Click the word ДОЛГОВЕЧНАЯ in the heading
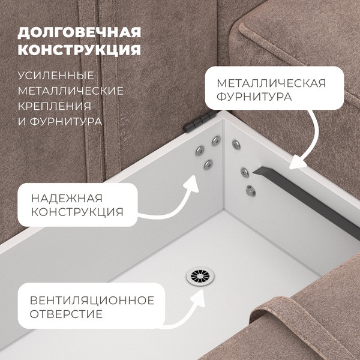click(x=79, y=33)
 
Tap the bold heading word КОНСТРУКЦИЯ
click(x=79, y=50)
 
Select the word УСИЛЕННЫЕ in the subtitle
click(x=56, y=76)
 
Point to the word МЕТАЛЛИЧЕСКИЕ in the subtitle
click(x=71, y=91)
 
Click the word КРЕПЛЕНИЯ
click(x=55, y=106)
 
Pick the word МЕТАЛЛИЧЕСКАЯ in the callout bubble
click(x=271, y=83)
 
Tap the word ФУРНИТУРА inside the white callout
click(x=254, y=97)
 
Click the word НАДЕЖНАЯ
click(x=67, y=199)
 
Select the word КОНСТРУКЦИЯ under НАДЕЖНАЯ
click(x=77, y=212)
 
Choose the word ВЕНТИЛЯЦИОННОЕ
click(x=92, y=301)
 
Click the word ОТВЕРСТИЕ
click(x=66, y=314)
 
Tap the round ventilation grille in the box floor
click(x=200, y=276)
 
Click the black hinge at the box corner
click(x=200, y=121)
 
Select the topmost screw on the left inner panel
click(x=216, y=141)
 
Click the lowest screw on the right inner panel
click(x=251, y=191)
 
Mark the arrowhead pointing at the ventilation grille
click(x=198, y=298)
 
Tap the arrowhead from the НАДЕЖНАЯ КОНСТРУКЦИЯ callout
click(x=192, y=184)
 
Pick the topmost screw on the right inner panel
click(x=236, y=145)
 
